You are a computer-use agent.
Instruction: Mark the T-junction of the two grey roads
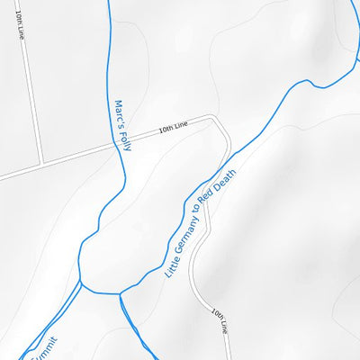(42, 164)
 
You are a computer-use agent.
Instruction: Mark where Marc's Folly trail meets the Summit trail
(81, 286)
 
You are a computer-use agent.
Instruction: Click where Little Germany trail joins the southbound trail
(120, 293)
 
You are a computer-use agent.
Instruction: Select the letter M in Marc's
(118, 103)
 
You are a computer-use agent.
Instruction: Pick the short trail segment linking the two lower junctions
(101, 290)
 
